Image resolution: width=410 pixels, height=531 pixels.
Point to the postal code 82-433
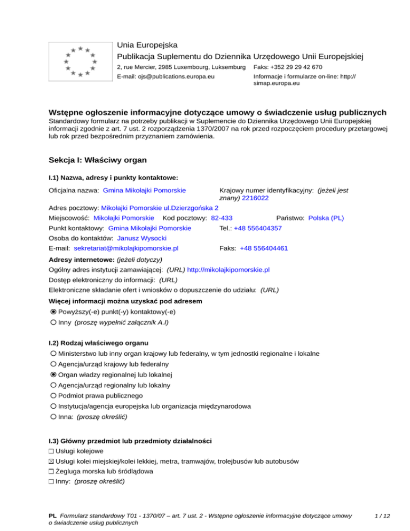click(x=222, y=218)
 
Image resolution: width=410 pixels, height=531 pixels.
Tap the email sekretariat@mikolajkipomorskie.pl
click(x=126, y=248)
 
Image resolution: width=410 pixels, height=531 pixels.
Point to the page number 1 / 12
click(x=383, y=516)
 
